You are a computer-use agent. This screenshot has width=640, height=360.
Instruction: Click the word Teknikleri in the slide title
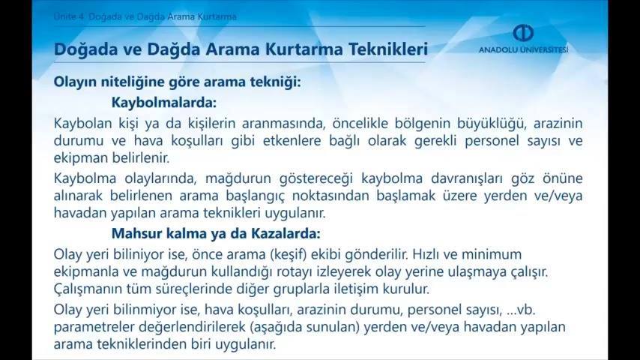[387, 49]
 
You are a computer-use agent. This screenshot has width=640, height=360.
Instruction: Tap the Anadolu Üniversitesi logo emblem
[523, 33]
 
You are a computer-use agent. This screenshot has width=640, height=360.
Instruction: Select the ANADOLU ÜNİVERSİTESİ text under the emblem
[523, 49]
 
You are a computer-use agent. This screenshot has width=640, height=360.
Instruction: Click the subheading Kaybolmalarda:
[164, 102]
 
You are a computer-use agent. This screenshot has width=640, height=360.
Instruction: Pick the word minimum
[492, 254]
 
